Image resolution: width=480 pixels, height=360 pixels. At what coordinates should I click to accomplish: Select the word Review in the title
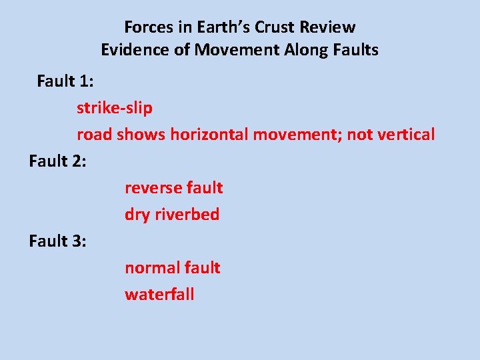[x=327, y=27]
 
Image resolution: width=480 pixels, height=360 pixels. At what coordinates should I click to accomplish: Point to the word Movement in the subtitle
[x=227, y=50]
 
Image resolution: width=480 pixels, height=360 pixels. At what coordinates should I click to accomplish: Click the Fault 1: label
[x=65, y=81]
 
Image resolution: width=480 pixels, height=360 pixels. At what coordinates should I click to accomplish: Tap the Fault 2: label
[x=57, y=161]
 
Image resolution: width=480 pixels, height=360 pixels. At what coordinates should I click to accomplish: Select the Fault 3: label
[x=57, y=241]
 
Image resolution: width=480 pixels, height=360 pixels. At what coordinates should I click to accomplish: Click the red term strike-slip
[x=114, y=108]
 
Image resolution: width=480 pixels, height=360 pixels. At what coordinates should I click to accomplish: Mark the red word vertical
[x=406, y=135]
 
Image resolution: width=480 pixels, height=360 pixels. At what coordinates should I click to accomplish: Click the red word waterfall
[x=159, y=295]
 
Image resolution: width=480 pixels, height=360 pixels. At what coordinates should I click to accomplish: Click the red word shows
[x=141, y=135]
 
